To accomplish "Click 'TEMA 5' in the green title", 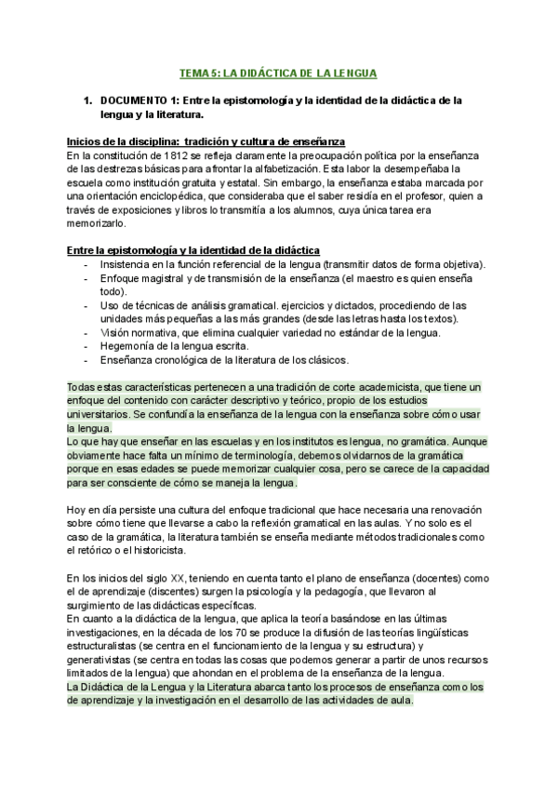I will pos(198,72).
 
